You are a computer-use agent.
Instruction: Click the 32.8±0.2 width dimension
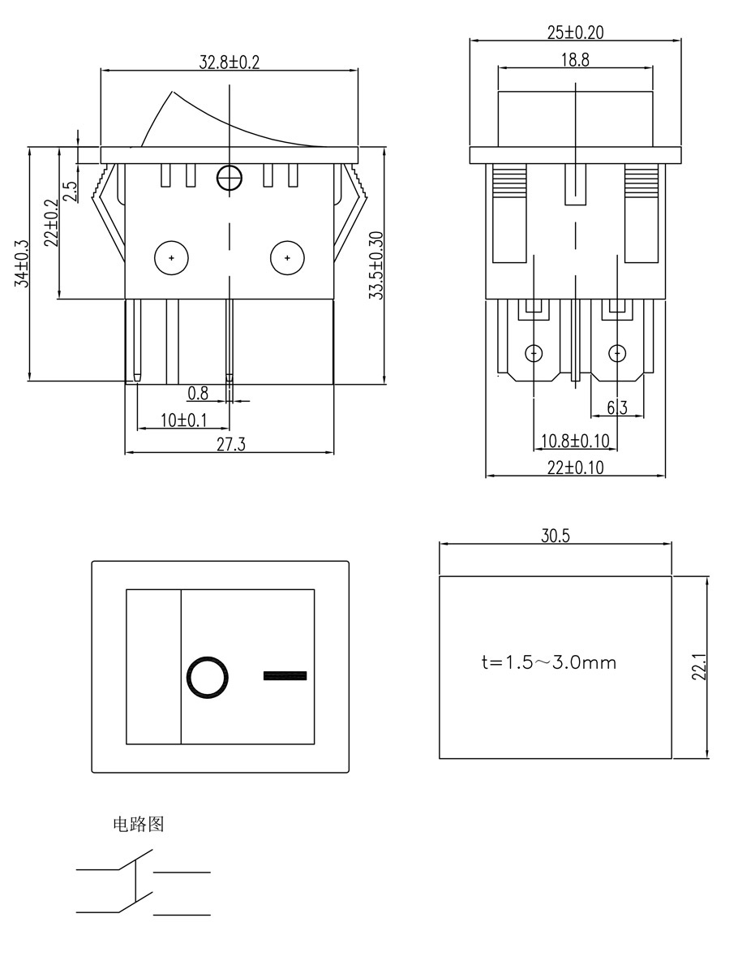click(x=230, y=62)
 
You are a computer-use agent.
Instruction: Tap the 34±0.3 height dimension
click(x=22, y=264)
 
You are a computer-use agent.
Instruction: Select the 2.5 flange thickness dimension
click(x=70, y=191)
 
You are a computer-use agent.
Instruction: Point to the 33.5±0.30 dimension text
click(x=375, y=265)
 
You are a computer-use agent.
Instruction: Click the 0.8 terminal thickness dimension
click(x=198, y=394)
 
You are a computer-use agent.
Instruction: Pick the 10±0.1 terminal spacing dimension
click(x=183, y=420)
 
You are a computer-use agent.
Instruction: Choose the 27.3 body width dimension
click(x=230, y=445)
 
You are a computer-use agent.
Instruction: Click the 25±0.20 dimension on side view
click(x=575, y=33)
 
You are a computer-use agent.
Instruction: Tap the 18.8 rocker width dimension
click(x=574, y=60)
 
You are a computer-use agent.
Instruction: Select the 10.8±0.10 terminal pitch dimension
click(x=574, y=441)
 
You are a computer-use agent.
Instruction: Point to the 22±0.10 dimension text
click(x=575, y=468)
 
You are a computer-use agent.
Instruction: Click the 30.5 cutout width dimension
click(x=556, y=536)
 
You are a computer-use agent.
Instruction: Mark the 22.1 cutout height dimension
click(x=702, y=667)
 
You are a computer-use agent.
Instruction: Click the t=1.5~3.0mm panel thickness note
click(x=548, y=662)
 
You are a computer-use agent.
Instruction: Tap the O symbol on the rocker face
click(x=207, y=676)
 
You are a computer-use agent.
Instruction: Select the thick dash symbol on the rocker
click(x=285, y=675)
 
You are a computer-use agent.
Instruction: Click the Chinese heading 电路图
click(x=138, y=825)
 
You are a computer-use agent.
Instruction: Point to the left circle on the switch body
click(x=171, y=257)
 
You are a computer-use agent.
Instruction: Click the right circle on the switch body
click(x=286, y=257)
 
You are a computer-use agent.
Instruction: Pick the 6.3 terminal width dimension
click(x=618, y=407)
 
